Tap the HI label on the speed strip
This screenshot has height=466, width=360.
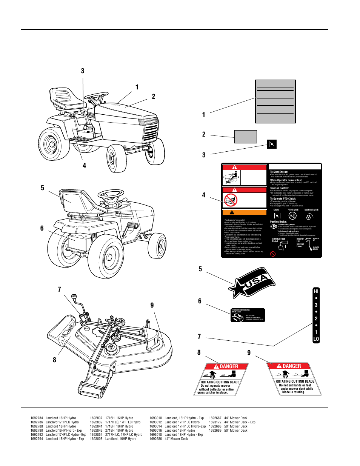[x=316, y=291]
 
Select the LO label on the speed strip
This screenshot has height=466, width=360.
[x=316, y=339]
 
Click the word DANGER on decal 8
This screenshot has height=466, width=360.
[x=229, y=366]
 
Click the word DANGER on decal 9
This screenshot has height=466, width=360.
[x=292, y=366]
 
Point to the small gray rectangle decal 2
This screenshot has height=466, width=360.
[x=245, y=137]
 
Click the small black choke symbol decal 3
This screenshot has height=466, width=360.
[x=272, y=144]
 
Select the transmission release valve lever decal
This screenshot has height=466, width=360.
[x=248, y=315]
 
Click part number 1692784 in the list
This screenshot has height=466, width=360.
[x=37, y=418]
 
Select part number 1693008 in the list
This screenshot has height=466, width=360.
[x=96, y=439]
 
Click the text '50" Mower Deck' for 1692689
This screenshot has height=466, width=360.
[x=236, y=431]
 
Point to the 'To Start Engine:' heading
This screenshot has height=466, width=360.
[x=279, y=172]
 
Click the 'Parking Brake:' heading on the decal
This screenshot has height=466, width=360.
[x=278, y=222]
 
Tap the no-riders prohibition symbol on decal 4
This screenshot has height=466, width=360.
[x=231, y=200]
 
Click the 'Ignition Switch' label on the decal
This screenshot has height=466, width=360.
[x=311, y=210]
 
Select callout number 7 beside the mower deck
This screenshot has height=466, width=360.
[x=59, y=289]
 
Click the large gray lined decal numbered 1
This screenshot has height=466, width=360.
[x=275, y=101]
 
